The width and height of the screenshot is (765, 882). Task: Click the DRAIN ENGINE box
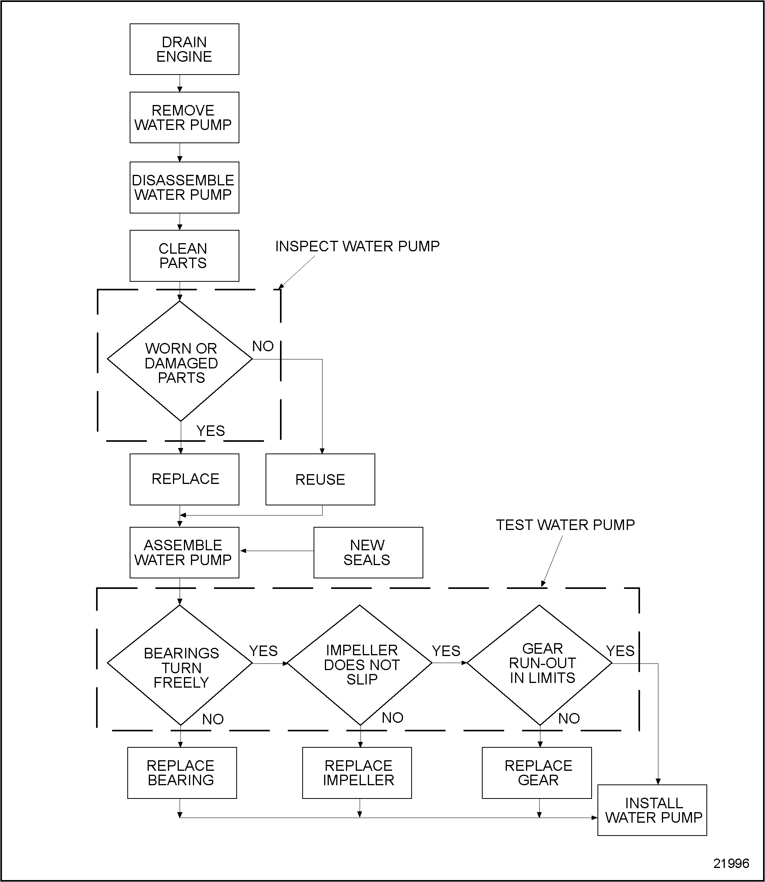pyautogui.click(x=184, y=49)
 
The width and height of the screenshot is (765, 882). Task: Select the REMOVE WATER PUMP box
pyautogui.click(x=184, y=117)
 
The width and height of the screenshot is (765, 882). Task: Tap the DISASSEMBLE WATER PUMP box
pyautogui.click(x=184, y=187)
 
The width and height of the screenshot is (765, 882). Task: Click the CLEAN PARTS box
pyautogui.click(x=184, y=256)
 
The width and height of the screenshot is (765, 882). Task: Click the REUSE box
pyautogui.click(x=320, y=479)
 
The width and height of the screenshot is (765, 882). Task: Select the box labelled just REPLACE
pyautogui.click(x=184, y=479)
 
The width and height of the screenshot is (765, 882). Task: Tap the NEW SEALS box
pyautogui.click(x=368, y=552)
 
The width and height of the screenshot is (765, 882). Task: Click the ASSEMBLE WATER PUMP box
pyautogui.click(x=184, y=552)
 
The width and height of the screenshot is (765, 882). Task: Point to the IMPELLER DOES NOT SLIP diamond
pyautogui.click(x=361, y=664)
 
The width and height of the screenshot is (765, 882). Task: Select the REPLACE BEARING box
pyautogui.click(x=182, y=772)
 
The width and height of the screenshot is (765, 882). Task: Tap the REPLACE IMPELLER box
pyautogui.click(x=357, y=772)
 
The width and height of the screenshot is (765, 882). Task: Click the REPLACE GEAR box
pyautogui.click(x=537, y=772)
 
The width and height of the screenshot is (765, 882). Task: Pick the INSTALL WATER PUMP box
pyautogui.click(x=652, y=810)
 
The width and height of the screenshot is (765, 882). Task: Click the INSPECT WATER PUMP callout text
pyautogui.click(x=357, y=247)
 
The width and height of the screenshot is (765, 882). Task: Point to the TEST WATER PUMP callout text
pyautogui.click(x=565, y=525)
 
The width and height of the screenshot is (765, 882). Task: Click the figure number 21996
pyautogui.click(x=731, y=863)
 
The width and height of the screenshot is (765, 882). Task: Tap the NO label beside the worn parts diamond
pyautogui.click(x=262, y=347)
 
